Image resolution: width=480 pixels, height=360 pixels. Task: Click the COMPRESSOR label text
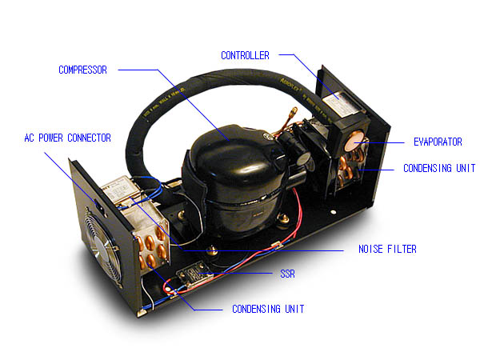point(82,70)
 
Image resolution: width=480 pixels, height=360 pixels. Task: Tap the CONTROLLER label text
point(246,55)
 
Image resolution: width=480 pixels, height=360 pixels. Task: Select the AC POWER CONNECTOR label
point(68,138)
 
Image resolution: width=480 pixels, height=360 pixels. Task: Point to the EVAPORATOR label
point(438,142)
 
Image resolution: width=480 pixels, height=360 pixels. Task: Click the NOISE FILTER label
point(387,249)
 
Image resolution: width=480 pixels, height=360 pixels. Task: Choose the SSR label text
point(287,274)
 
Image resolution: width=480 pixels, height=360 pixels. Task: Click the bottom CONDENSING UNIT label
point(268,309)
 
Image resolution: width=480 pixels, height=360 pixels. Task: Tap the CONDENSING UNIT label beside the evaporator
point(439,168)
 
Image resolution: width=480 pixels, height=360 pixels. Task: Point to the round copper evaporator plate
point(354,141)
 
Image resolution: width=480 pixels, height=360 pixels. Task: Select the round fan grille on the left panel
point(102,246)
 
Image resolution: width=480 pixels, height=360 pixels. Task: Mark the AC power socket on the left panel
point(98,205)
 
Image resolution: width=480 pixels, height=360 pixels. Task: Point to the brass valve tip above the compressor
point(294,110)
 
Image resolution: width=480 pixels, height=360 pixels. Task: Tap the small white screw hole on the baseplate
point(334,212)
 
